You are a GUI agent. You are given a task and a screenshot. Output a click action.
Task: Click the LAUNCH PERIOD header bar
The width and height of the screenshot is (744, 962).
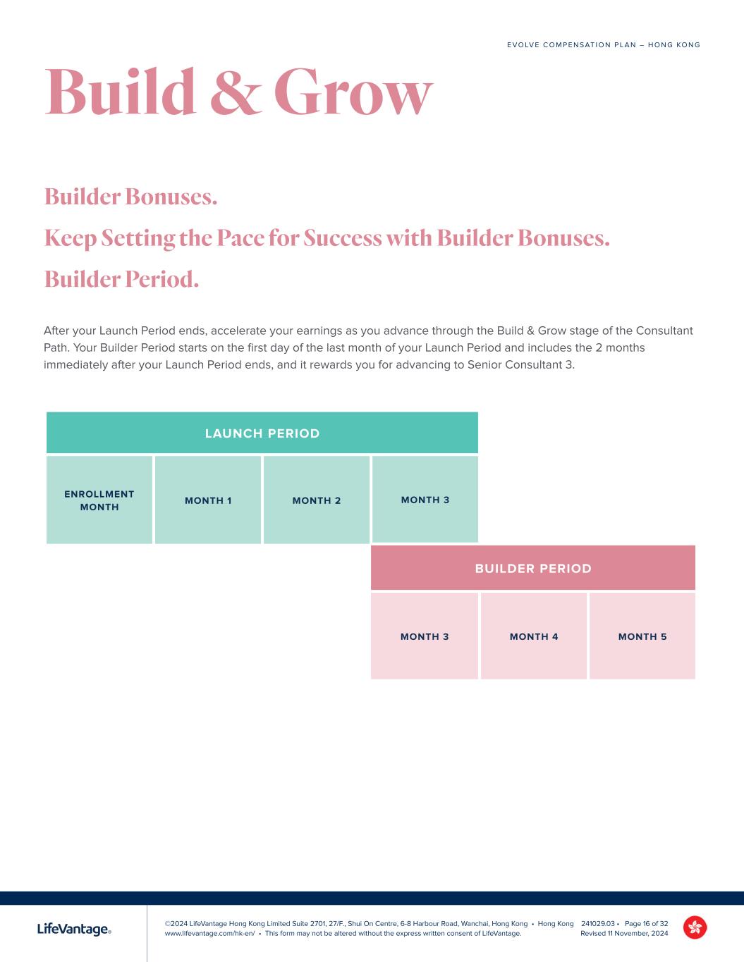[x=262, y=433]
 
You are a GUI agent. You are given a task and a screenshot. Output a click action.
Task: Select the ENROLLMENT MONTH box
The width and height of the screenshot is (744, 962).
[x=99, y=500]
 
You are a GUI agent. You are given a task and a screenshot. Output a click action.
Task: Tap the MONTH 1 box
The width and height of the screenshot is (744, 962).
[x=208, y=500]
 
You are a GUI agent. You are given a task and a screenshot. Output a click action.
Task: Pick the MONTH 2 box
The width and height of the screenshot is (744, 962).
[x=317, y=500]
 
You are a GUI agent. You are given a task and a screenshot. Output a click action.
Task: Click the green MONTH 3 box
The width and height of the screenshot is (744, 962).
[x=425, y=499]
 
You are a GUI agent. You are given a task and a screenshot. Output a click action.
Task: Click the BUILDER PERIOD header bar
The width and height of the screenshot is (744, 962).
[x=533, y=568]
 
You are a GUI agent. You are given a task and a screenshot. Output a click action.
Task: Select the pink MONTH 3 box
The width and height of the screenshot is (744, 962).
[x=425, y=636]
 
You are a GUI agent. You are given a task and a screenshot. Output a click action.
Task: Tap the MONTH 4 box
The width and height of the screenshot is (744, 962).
[x=534, y=636]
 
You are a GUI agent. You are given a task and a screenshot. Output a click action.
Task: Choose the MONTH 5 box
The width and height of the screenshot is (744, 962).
[x=642, y=636]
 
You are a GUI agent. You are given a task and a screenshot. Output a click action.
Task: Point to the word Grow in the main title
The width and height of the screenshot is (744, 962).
[x=353, y=92]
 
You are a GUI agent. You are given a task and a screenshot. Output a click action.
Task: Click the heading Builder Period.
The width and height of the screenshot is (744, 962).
[x=121, y=279]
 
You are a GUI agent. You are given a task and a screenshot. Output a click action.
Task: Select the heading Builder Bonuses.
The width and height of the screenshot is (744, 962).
[x=130, y=196]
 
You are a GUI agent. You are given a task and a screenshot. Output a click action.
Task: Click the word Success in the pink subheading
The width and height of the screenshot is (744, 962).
[x=343, y=238]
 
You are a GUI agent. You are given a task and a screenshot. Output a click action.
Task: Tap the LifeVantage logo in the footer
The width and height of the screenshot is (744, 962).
[x=74, y=930]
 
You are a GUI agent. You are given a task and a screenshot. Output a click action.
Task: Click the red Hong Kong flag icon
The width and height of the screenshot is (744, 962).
[x=695, y=927]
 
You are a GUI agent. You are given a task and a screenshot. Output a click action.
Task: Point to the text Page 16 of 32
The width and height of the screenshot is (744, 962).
[x=646, y=923]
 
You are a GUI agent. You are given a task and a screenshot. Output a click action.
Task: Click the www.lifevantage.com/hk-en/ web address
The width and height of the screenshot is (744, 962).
[x=209, y=933]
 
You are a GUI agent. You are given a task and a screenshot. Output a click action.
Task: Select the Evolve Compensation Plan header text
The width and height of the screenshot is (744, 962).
[x=603, y=45]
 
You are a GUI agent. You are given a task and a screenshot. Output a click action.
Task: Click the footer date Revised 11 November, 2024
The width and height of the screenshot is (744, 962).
[x=624, y=933]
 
